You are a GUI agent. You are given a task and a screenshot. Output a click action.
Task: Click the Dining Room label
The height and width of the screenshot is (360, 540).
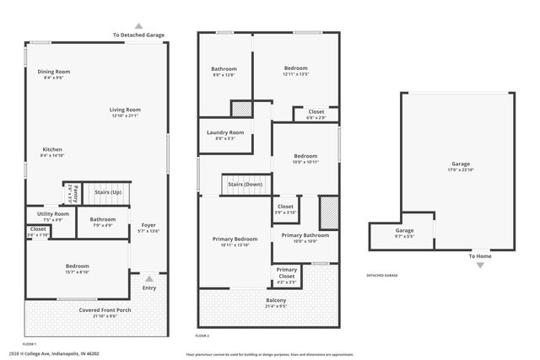(53, 72)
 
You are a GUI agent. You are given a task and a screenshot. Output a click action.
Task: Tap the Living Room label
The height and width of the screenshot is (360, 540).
(125, 109)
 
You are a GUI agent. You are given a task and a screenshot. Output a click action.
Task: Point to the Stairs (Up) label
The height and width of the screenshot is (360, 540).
(107, 192)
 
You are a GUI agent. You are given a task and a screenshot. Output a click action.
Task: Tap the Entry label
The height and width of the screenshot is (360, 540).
(149, 288)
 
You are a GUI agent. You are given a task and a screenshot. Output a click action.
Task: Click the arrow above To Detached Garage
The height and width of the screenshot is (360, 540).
(139, 26)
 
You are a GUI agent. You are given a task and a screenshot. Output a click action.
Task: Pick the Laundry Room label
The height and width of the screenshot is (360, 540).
(224, 132)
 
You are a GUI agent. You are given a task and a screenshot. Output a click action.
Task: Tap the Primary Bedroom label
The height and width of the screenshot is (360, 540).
(234, 239)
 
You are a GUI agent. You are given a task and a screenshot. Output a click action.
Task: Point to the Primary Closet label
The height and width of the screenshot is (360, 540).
(286, 272)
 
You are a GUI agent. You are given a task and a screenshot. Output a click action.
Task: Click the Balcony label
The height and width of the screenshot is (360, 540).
(276, 301)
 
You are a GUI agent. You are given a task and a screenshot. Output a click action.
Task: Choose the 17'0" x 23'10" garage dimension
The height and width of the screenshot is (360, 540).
(461, 169)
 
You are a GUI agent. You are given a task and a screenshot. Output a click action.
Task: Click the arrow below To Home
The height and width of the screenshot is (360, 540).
(480, 266)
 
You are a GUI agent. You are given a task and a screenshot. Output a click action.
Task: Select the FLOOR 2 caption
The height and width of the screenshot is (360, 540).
(202, 336)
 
